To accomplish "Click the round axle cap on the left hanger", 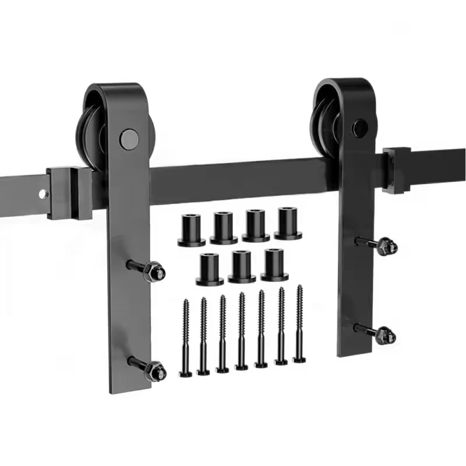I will [x=129, y=139].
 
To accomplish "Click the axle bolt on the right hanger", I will [x=359, y=128].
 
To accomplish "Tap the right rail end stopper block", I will [x=397, y=169].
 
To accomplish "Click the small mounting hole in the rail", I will [x=43, y=194].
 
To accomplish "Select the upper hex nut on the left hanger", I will [x=154, y=271].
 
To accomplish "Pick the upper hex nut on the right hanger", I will [x=384, y=246].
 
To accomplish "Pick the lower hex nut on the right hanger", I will [x=384, y=335].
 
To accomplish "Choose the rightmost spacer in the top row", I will [x=288, y=223].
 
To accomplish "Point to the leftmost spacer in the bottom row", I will [x=209, y=269].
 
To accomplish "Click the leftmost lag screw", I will [x=186, y=338].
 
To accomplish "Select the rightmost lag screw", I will [x=299, y=324].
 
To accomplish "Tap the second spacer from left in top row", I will [x=224, y=228].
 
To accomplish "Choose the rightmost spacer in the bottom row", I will [x=274, y=264].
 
